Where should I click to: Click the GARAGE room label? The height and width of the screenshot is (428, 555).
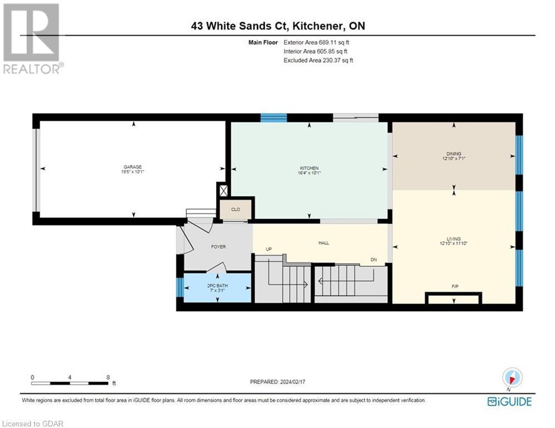133,167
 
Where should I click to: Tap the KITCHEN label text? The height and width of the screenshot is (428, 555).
309,168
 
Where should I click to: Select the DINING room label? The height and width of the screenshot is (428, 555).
454,154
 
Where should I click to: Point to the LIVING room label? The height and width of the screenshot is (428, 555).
454,239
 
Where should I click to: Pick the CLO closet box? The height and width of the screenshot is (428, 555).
236,210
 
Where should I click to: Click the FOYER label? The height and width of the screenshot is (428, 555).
218,246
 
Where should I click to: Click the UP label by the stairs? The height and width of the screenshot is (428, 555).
269,249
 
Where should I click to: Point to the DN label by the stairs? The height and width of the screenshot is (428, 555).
374,260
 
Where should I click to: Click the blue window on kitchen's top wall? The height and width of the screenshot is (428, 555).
274,117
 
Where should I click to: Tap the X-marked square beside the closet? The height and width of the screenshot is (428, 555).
223,190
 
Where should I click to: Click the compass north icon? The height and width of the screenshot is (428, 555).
512,377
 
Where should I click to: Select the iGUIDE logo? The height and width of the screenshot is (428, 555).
509,401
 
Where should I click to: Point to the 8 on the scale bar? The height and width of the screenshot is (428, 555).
107,377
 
